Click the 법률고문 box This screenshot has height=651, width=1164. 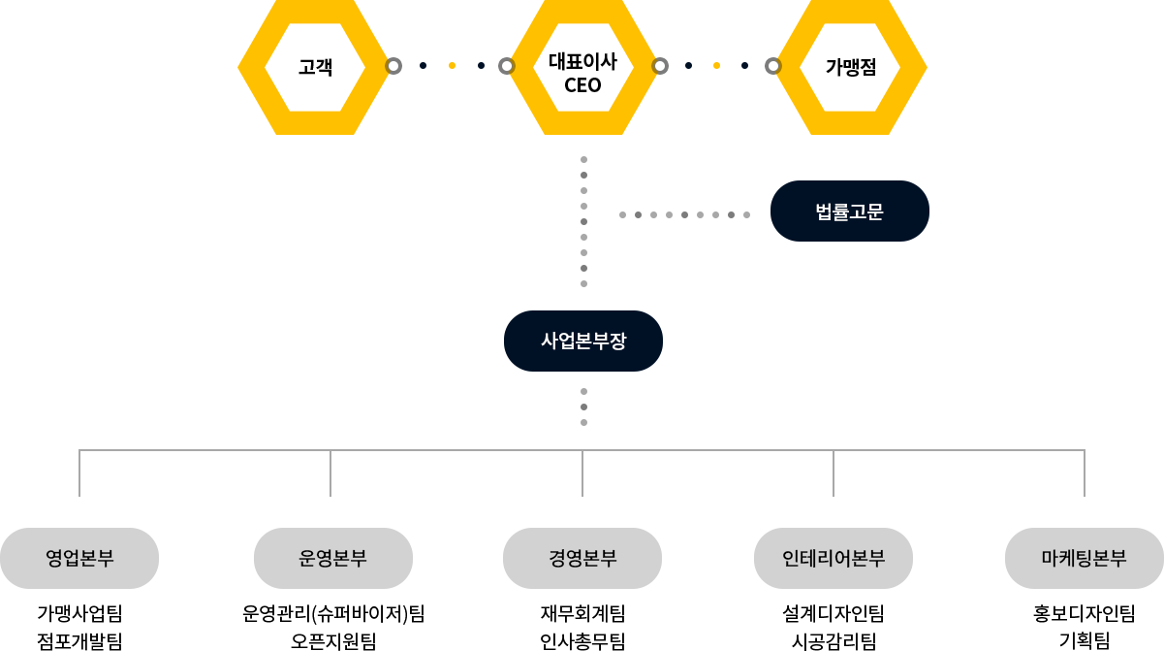849,211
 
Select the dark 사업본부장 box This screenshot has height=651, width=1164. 582,341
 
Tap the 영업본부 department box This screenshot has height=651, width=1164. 79,558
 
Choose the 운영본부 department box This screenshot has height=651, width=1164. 332,558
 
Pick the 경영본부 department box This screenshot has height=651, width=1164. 582,558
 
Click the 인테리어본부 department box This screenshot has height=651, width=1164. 833,558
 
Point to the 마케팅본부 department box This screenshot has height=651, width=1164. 1084,558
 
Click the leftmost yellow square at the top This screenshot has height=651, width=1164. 314,67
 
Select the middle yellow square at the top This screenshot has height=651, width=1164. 582,67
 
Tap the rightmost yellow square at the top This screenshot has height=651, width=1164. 849,67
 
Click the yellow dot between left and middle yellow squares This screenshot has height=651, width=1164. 452,66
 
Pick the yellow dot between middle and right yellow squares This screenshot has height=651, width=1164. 716,66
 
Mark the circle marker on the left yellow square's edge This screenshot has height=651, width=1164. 393,66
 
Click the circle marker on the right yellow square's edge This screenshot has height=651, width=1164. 772,66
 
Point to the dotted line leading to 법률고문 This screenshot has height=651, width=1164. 684,214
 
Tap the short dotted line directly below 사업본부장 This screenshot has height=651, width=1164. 583,407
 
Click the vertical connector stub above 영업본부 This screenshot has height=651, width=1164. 79,473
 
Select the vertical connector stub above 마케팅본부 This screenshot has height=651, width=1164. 1084,473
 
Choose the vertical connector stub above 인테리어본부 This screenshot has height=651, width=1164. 833,473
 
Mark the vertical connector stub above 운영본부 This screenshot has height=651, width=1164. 330,473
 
